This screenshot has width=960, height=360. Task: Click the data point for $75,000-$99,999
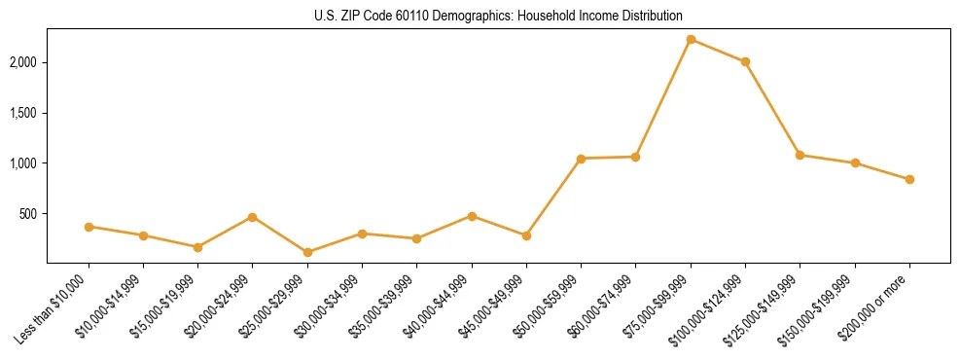coord(691,39)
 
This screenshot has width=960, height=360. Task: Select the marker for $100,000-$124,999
coord(745,61)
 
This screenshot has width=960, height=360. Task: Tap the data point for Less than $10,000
coord(89,227)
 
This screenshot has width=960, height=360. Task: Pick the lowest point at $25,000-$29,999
coord(307,252)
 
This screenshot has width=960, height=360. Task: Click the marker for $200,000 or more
coord(909,179)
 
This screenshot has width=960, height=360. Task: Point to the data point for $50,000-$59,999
coord(581,159)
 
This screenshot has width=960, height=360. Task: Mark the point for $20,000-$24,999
coord(253,217)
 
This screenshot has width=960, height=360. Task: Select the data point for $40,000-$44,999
coord(472,216)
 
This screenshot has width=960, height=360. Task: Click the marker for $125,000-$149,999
coord(800,155)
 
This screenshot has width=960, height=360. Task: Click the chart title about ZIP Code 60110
coord(498,16)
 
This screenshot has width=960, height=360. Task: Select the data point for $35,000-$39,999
coord(417,238)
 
